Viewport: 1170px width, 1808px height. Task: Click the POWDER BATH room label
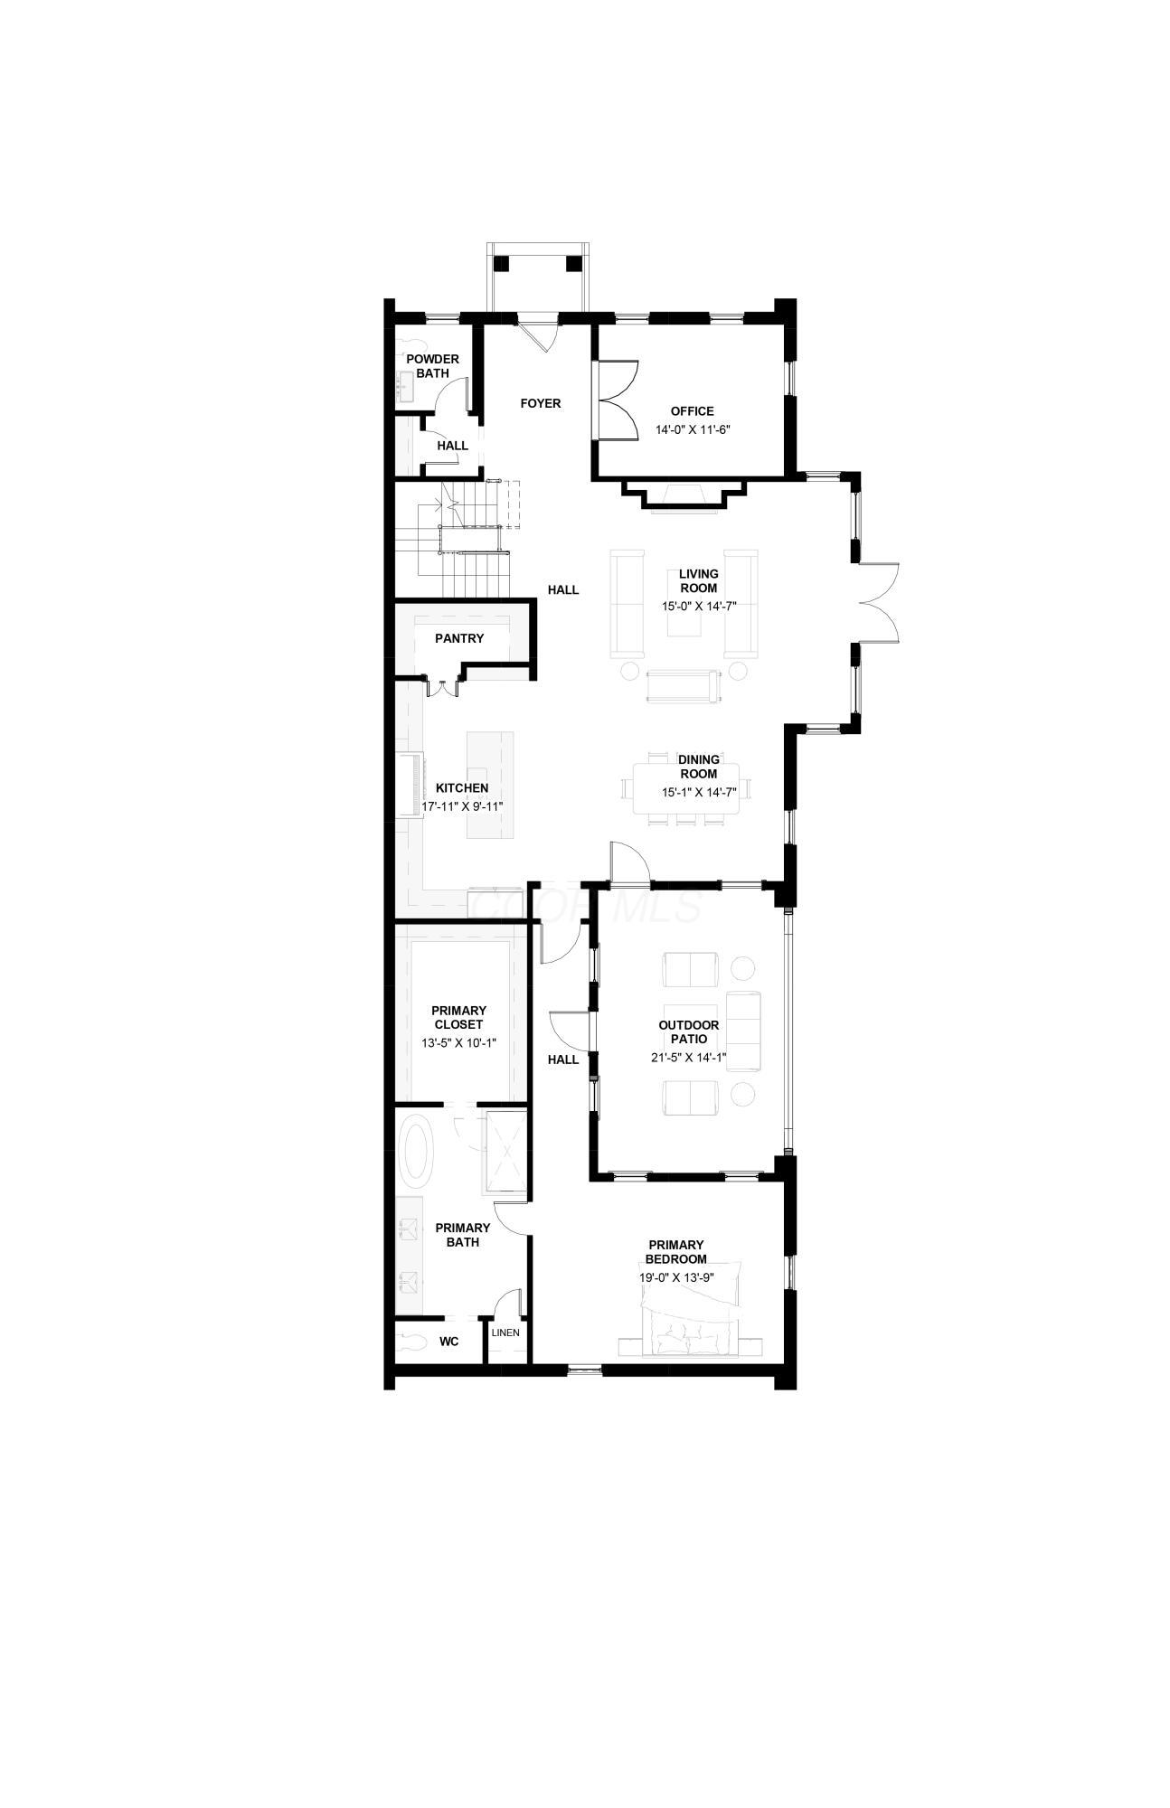(x=432, y=366)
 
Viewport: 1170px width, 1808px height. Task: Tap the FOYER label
(x=541, y=403)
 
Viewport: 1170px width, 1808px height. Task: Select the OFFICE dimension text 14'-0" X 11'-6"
(x=692, y=430)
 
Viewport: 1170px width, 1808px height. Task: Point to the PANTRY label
(x=459, y=638)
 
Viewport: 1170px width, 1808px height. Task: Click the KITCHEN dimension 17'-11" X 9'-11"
(x=462, y=805)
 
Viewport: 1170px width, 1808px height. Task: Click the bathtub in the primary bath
(x=417, y=1152)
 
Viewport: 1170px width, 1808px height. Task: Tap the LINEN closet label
(x=505, y=1333)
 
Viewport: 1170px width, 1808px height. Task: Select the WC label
(x=448, y=1342)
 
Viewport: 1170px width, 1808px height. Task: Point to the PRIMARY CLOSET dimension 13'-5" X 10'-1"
(x=458, y=1043)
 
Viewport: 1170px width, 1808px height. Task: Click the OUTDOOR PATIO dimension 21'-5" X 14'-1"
(x=689, y=1058)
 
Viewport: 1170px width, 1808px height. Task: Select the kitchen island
(x=483, y=785)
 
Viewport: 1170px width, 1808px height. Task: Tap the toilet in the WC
(x=413, y=1342)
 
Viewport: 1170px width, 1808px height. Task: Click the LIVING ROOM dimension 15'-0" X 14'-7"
(x=698, y=607)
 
